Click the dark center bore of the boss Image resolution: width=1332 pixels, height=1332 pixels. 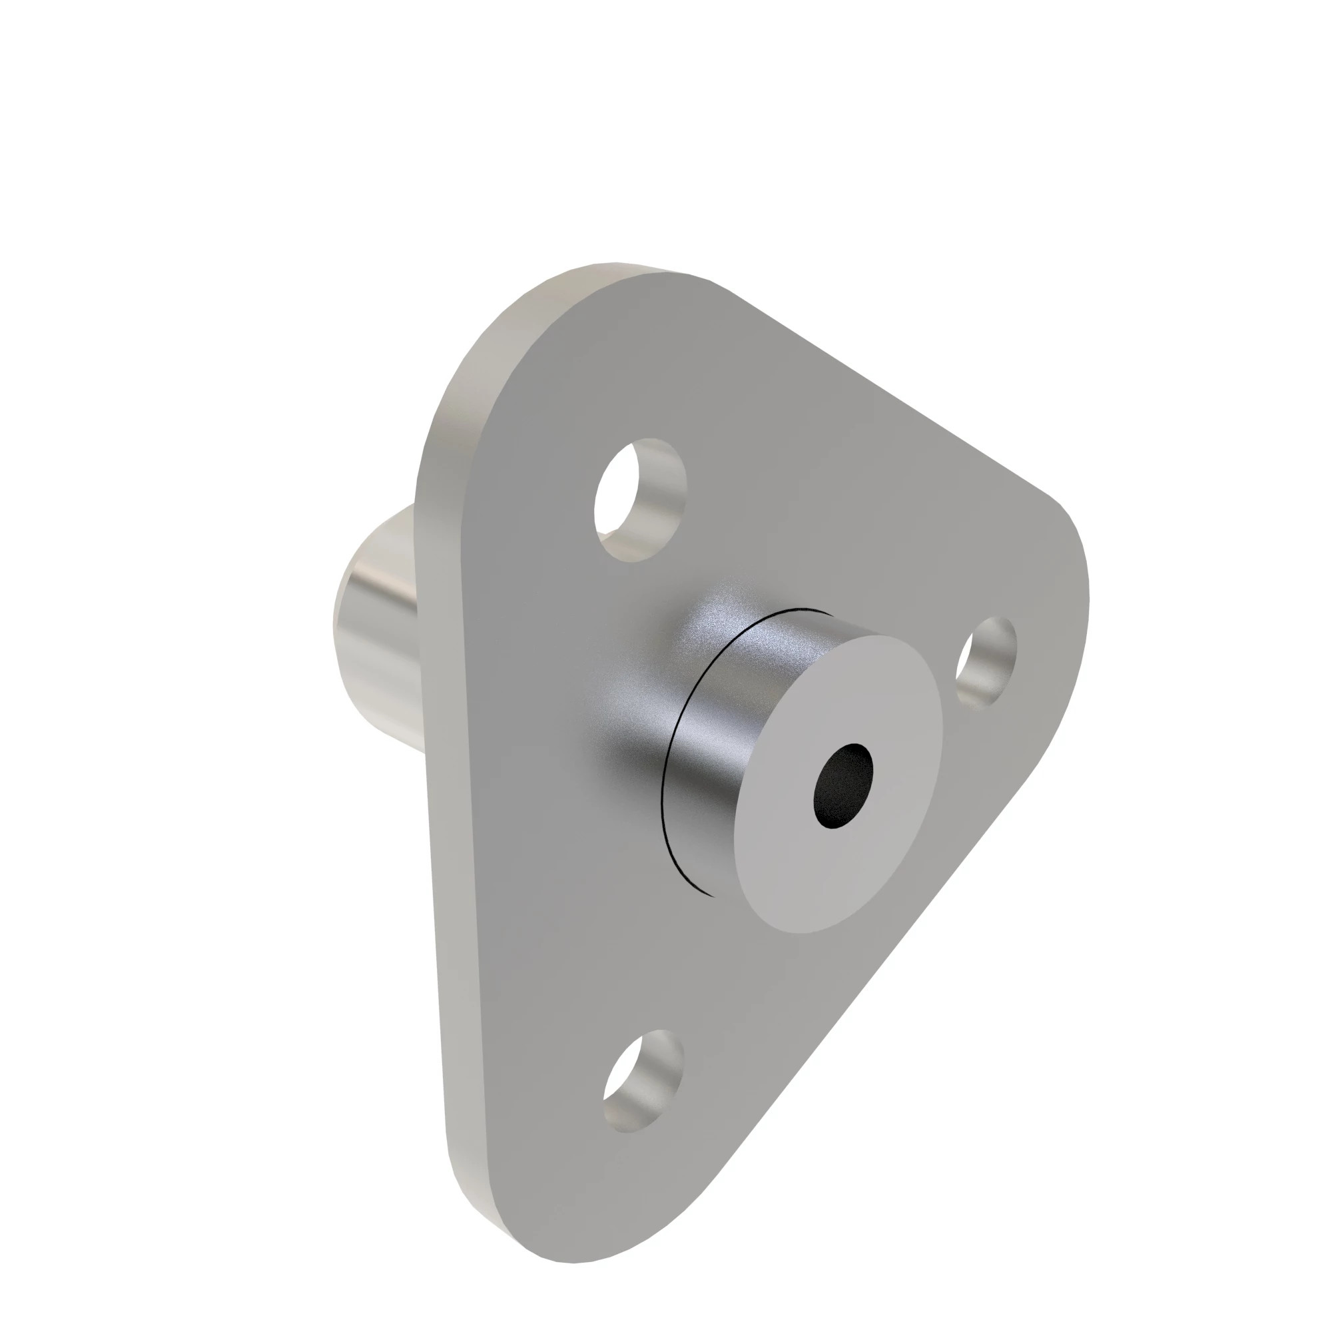(842, 786)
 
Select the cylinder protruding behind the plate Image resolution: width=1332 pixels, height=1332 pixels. (376, 621)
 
